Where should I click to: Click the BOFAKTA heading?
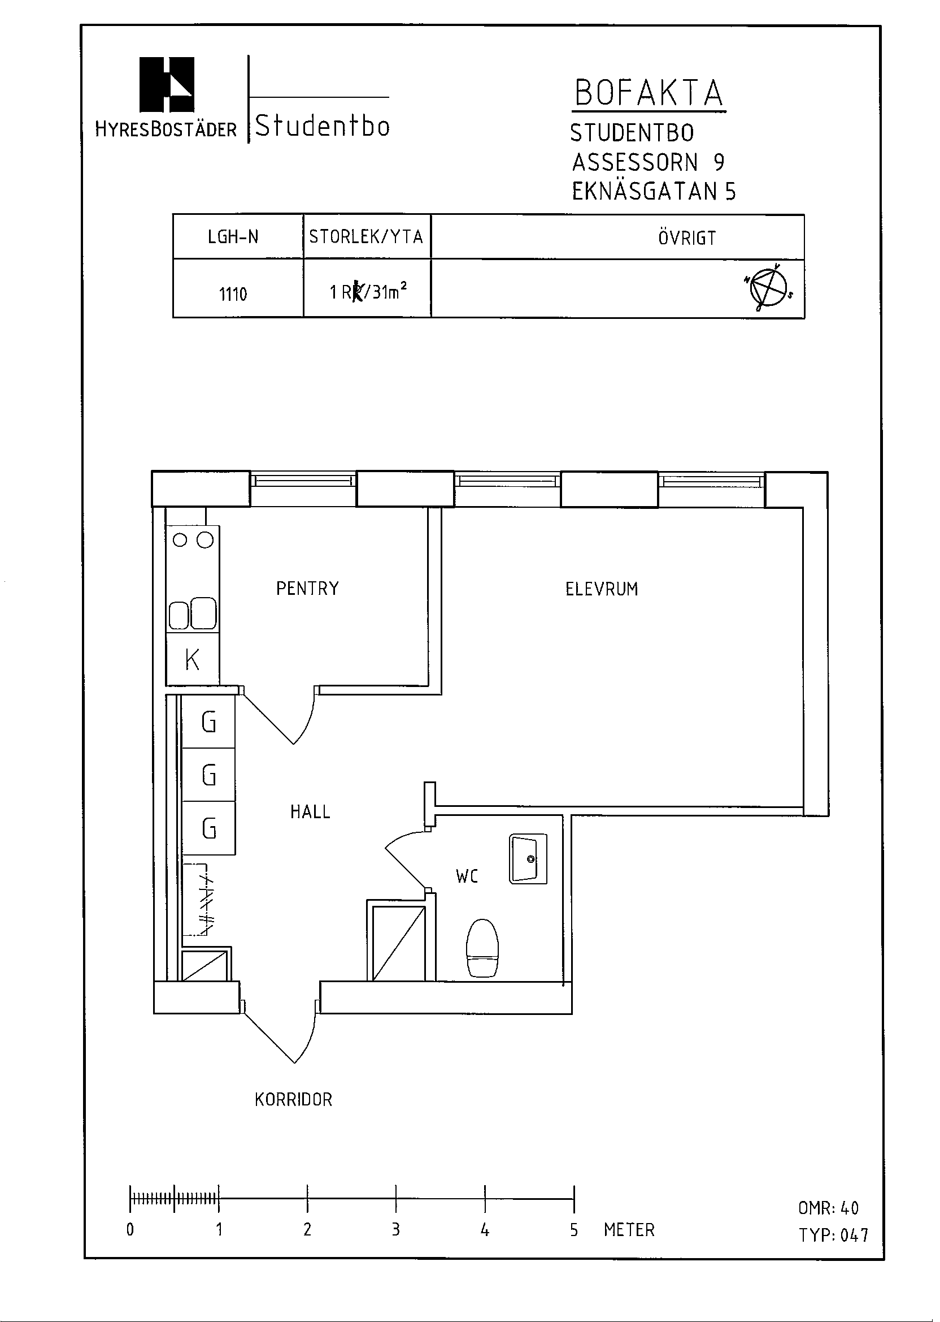tap(649, 93)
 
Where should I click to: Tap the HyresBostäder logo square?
tap(167, 84)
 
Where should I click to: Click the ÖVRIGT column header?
tap(687, 237)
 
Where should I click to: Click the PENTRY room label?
tap(307, 589)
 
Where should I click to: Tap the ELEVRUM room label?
tap(602, 589)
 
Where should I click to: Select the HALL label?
tap(310, 811)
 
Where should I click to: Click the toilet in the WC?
tap(482, 948)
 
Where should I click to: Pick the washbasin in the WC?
tap(528, 859)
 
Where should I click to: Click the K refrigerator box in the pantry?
tap(193, 659)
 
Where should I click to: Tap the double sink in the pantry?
tap(193, 614)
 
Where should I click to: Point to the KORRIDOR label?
tap(293, 1100)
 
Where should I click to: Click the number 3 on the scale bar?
tap(396, 1229)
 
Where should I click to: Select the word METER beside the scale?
tap(629, 1229)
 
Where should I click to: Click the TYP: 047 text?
tap(834, 1235)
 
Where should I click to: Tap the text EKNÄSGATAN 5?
tap(654, 191)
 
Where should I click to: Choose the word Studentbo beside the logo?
tap(323, 126)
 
